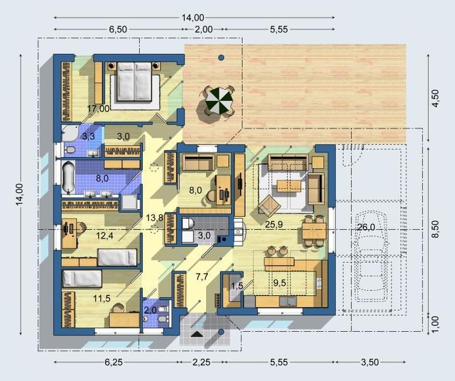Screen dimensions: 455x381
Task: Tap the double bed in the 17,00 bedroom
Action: [135, 82]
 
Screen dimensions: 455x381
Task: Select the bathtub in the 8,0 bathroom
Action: [68, 177]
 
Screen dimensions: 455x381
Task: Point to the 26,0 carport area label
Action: [366, 227]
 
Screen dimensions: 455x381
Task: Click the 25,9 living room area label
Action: [274, 224]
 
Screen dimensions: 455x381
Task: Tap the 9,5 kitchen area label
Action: [279, 283]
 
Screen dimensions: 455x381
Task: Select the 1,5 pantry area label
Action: [237, 286]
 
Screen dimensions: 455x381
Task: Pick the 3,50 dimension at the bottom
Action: [370, 362]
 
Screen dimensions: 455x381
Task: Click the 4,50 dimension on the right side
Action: [435, 98]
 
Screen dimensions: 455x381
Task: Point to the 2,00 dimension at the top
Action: [203, 29]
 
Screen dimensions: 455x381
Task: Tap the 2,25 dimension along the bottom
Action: [201, 362]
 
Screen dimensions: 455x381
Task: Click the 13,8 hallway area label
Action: [154, 218]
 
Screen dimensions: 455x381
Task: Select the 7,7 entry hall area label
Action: [202, 277]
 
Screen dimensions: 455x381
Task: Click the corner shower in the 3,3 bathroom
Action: [69, 133]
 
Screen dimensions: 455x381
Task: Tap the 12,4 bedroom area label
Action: [105, 235]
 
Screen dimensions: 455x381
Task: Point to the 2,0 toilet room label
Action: [150, 310]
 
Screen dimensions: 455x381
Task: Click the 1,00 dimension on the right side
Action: [435, 324]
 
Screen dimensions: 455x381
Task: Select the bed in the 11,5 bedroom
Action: [82, 278]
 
